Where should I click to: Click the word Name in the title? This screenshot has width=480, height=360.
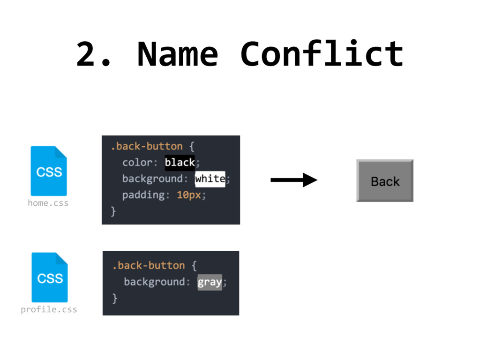[177, 54]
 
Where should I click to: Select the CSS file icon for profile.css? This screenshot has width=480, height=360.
[50, 277]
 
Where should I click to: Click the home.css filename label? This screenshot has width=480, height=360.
[48, 203]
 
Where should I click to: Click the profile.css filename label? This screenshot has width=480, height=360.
[49, 309]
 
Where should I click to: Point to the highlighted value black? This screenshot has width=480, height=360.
[180, 163]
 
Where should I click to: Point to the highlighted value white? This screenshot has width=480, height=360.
[210, 179]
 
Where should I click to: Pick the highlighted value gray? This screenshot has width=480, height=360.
[210, 282]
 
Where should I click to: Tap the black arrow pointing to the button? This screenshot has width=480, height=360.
[294, 180]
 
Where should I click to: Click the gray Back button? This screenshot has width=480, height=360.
[385, 181]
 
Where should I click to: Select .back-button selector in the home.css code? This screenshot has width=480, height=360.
[146, 146]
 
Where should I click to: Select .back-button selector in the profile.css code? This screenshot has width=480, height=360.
[148, 266]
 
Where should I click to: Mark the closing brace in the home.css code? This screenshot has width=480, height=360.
[113, 211]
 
